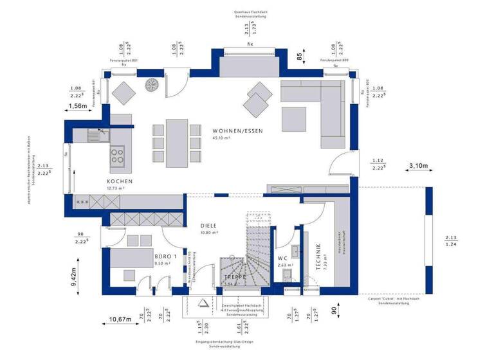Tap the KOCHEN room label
pyautogui.click(x=120, y=181)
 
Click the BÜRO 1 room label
pyautogui.click(x=165, y=256)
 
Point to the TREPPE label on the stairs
pyautogui.click(x=235, y=276)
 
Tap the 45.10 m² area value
pyautogui.click(x=221, y=137)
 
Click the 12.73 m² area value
pyautogui.click(x=116, y=189)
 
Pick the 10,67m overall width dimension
pyautogui.click(x=120, y=319)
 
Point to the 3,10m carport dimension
pyautogui.click(x=419, y=166)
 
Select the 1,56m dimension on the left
pyautogui.click(x=77, y=105)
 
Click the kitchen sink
pyautogui.click(x=98, y=134)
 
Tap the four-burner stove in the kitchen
pyautogui.click(x=118, y=155)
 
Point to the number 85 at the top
pyautogui.click(x=299, y=56)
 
